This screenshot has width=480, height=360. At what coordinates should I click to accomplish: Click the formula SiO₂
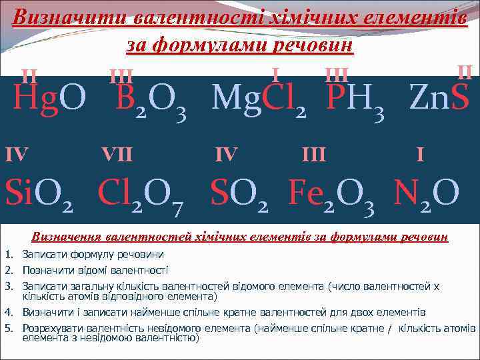coord(38,193)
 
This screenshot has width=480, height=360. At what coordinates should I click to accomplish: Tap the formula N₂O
coord(427,193)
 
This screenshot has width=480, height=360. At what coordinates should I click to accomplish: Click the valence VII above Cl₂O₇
coord(117,155)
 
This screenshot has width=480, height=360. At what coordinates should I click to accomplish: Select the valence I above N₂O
coord(420,155)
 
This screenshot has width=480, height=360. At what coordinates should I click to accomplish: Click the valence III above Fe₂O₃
coord(313,155)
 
